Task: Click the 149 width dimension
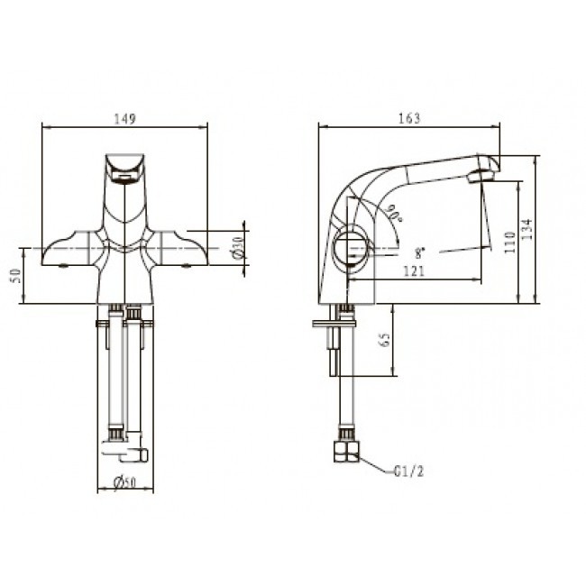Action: coord(125,119)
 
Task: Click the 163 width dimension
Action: coord(409,118)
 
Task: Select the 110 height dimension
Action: coord(509,243)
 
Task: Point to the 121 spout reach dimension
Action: coord(414,271)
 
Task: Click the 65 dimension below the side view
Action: coord(385,339)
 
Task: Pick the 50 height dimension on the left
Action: coord(16,276)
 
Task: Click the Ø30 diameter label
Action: coord(238,247)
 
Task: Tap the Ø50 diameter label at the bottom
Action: coord(124,483)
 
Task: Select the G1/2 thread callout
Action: coord(409,472)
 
